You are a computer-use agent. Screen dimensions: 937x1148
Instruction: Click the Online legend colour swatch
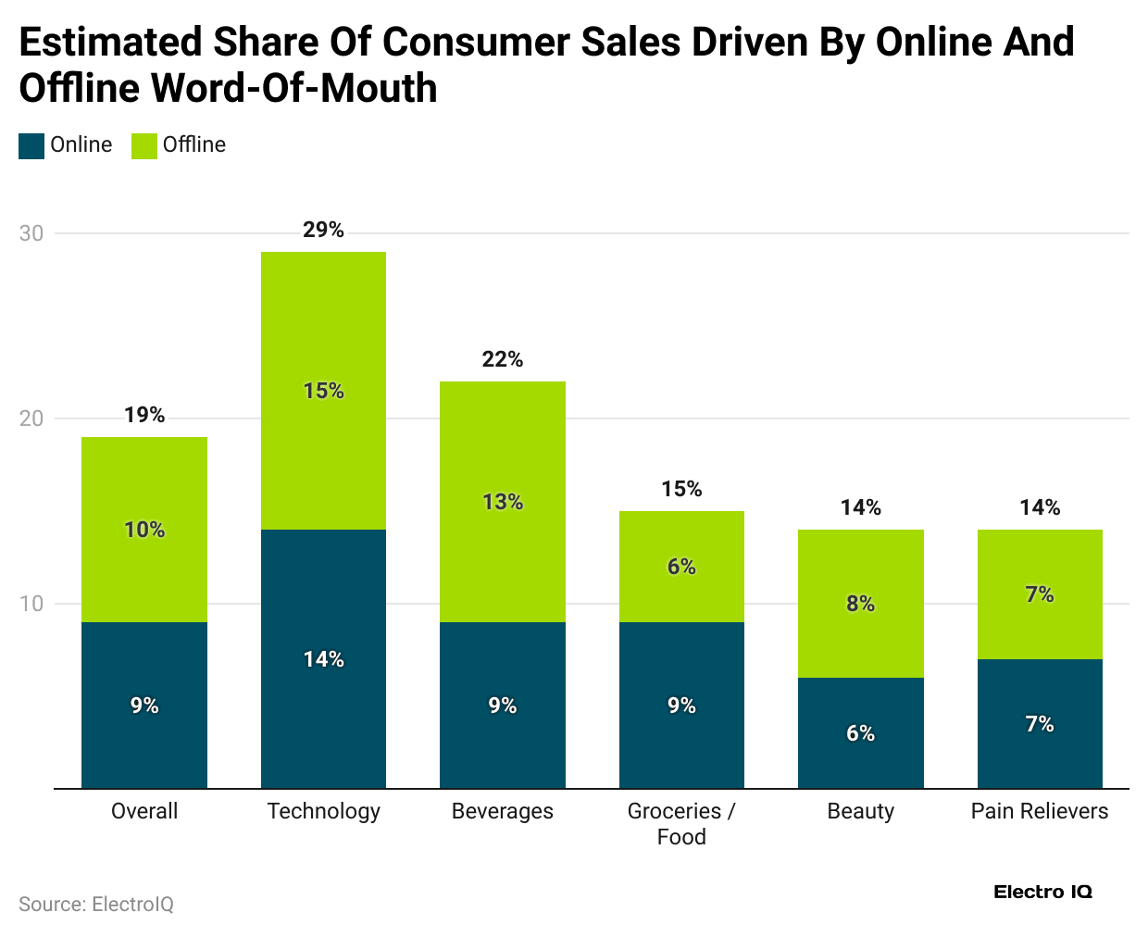pos(31,145)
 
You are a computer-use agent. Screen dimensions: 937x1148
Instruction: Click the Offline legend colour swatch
pos(144,145)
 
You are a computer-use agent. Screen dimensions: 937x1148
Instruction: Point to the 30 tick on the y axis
pos(31,233)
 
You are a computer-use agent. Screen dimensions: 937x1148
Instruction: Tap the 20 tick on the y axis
pos(31,419)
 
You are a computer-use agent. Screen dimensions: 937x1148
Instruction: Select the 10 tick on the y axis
pos(31,604)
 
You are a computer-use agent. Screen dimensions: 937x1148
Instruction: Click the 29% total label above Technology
pos(323,230)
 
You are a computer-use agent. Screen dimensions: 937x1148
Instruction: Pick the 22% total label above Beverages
pos(503,359)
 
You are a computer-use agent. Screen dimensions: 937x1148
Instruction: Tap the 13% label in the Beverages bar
pos(503,502)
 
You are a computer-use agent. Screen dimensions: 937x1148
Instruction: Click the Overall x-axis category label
pos(144,811)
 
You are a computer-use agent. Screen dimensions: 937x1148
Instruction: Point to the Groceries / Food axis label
pos(681,824)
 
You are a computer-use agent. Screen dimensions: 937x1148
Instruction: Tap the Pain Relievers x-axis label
pos(1040,811)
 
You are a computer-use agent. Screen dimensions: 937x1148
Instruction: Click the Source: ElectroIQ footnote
pos(96,905)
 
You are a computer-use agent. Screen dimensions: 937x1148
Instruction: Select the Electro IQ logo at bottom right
pos(1042,892)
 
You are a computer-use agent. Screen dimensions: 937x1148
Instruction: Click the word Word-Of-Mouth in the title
pos(293,89)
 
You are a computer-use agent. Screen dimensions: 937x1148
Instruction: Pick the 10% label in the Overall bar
pos(144,530)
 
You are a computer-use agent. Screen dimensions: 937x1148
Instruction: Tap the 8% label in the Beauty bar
pos(860,604)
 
